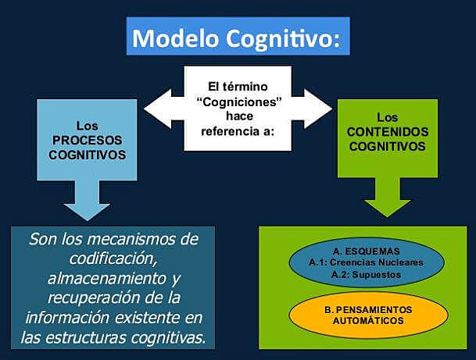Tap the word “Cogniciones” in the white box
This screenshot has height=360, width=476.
coord(238,102)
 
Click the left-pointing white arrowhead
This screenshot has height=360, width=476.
coord(156,108)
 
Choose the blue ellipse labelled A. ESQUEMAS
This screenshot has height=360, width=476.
coord(366,263)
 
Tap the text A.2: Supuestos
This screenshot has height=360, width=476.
coord(366,274)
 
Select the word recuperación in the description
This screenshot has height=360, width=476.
coord(87,297)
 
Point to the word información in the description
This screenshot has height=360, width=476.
coord(70,317)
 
